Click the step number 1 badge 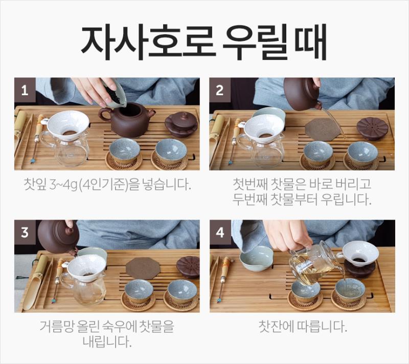click(25, 90)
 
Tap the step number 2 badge click(220, 90)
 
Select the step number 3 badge click(25, 232)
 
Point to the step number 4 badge click(220, 232)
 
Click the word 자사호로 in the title click(148, 42)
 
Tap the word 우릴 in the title click(256, 42)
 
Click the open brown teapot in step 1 click(127, 120)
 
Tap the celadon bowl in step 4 click(257, 258)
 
